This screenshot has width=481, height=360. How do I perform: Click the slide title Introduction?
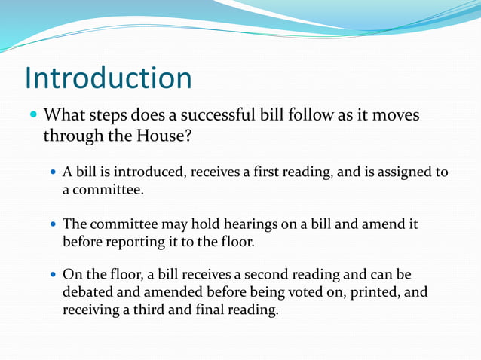pyautogui.click(x=108, y=78)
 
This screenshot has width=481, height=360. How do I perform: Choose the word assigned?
pyautogui.click(x=402, y=172)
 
